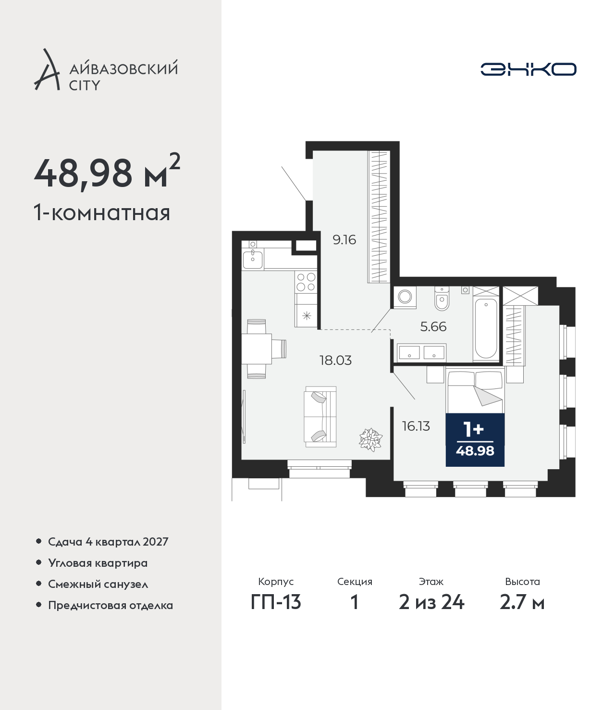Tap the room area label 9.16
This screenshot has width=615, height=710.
344,240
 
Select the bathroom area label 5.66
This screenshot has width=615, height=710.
433,327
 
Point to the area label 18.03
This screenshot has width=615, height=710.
335,361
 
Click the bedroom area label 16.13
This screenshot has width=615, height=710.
416,426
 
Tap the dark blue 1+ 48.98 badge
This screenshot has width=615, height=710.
475,440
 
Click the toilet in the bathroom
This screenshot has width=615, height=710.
442,298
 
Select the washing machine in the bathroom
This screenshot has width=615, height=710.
405,297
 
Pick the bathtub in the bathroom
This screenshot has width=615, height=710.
486,328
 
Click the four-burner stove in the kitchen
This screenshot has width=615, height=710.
306,282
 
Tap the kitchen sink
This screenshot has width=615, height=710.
253,260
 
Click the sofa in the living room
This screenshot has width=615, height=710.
320,417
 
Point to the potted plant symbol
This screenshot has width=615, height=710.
371,439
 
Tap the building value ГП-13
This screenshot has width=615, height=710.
276,602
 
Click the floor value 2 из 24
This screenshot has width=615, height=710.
431,602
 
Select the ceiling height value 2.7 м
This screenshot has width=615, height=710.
522,602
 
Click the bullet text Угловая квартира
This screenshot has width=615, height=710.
98,563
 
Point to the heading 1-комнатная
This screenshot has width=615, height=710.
102,213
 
